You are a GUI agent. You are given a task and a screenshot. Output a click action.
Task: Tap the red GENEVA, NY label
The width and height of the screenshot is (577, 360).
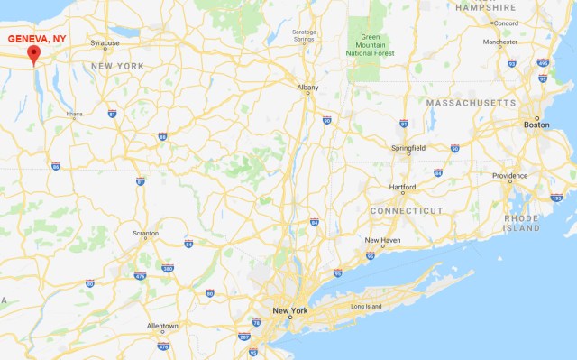tap(36, 39)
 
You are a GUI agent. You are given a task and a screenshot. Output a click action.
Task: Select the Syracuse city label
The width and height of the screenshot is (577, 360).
tap(105, 43)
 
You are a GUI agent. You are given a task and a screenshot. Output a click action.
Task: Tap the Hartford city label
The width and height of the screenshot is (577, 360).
tap(402, 187)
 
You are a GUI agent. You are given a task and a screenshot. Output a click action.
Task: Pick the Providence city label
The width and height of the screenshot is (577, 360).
tap(509, 175)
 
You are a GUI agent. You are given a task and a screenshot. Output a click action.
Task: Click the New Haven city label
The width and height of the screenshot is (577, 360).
tap(382, 240)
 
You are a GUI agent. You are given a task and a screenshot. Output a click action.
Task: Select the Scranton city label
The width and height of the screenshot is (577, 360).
tap(145, 233)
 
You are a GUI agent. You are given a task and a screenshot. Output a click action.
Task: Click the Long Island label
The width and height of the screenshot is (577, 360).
tap(367, 307)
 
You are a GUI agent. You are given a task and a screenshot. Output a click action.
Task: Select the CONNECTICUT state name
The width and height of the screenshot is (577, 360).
tap(407, 210)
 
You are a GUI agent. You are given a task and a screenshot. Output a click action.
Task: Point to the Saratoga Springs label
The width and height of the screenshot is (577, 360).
tap(304, 35)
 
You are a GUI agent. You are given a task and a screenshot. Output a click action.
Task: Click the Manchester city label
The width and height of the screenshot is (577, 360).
tap(499, 42)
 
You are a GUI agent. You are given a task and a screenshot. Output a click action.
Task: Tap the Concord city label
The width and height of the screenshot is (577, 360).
tap(504, 23)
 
